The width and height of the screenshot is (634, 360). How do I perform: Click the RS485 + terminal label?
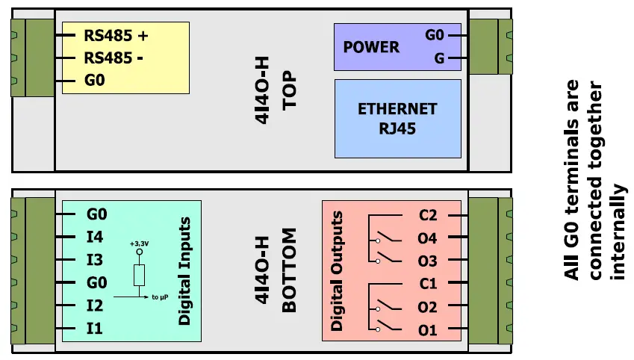click(116, 34)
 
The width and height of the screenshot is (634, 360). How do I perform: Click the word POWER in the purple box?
click(371, 47)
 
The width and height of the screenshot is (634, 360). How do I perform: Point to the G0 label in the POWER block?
click(434, 35)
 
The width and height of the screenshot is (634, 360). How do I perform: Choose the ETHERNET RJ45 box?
click(397, 118)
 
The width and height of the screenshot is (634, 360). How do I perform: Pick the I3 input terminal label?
click(95, 261)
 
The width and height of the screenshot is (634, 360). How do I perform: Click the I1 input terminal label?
click(95, 329)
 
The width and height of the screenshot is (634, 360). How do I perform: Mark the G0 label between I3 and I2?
click(97, 284)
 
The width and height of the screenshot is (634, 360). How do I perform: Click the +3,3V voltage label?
click(138, 243)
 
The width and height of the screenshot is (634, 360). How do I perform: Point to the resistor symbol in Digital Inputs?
click(138, 274)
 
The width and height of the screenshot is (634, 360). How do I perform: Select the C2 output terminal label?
click(428, 216)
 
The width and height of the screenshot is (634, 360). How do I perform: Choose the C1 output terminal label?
click(428, 284)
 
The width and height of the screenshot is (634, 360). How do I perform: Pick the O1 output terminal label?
click(428, 329)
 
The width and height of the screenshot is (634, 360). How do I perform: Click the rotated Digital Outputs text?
click(337, 272)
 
